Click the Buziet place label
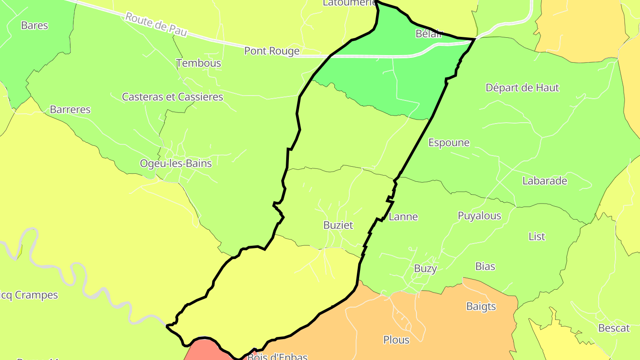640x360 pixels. (338, 225)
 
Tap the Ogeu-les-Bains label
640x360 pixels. (176, 163)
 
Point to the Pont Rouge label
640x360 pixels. (272, 51)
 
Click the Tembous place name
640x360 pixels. (199, 63)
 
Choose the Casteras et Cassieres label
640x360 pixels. (172, 97)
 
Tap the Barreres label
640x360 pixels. (70, 109)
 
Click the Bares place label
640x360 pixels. (34, 25)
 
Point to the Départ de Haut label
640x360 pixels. (522, 88)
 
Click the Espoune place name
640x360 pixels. (448, 143)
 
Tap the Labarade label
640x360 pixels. (544, 181)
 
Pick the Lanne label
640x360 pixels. (403, 217)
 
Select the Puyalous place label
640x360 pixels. (479, 216)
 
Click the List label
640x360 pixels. (536, 236)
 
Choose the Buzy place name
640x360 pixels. (425, 268)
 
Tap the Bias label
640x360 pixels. (485, 267)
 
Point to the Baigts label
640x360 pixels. (481, 306)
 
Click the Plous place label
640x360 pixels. (396, 340)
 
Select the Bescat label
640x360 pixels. (614, 328)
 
